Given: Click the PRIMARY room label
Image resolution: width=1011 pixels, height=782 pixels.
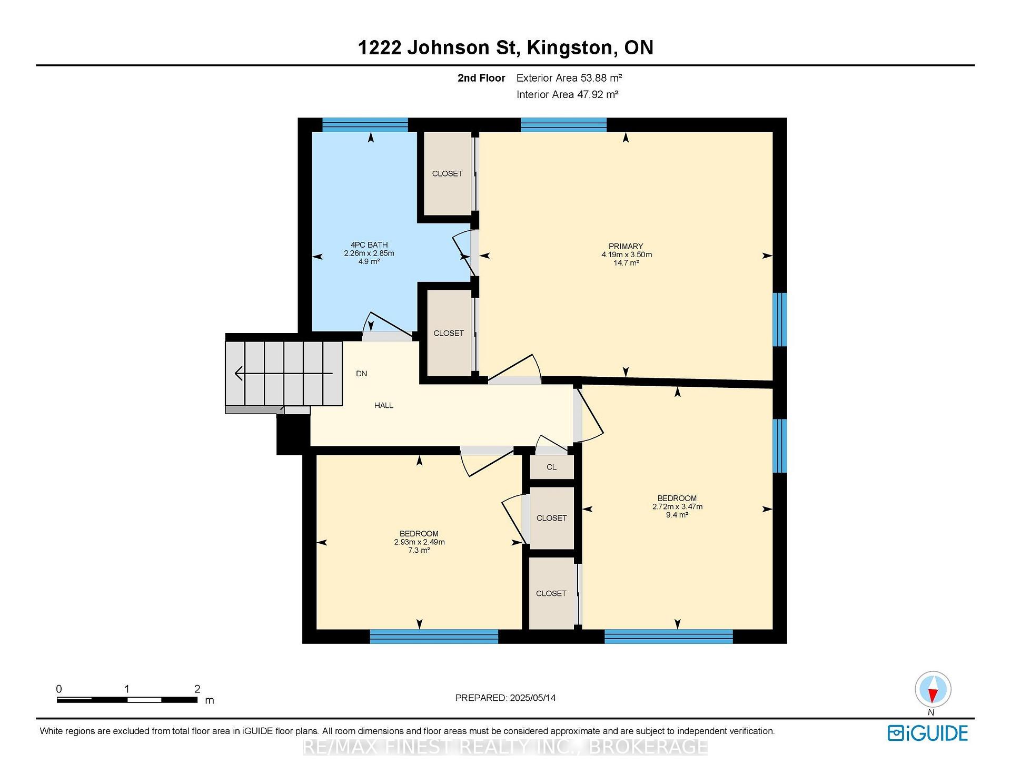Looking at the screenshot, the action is coord(626,246).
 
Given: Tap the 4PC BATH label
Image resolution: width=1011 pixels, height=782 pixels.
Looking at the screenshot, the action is coord(369,245).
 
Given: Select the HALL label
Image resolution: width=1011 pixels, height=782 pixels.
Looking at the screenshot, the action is coord(384,405).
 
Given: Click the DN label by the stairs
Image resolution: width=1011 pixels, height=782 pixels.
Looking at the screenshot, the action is coord(361,374).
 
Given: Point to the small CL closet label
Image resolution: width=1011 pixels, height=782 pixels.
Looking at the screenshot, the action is coord(551,467).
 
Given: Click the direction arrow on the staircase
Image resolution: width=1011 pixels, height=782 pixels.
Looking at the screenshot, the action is coord(284,374).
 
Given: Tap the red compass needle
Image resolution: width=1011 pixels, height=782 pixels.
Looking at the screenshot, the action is coord(933,696).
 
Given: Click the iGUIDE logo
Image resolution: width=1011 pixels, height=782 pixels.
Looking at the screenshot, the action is coord(928,733).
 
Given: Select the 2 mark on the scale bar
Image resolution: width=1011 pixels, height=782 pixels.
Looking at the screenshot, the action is coord(197,689).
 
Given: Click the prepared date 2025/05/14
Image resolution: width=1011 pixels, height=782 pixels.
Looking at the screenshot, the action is coord(532,698).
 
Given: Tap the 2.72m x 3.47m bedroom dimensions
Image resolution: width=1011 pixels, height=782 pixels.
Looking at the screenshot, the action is coord(677,506).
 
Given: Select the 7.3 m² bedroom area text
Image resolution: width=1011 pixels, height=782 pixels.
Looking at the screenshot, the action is coord(419,550).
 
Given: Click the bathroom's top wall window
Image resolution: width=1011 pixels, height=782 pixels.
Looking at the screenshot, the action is coord(365,124).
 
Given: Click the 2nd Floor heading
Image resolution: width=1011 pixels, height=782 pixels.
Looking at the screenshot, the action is coord(481,78).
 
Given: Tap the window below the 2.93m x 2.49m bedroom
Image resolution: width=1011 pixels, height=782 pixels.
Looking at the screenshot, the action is coord(434,636).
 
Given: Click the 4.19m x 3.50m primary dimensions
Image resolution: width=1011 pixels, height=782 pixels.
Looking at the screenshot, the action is coord(627,255).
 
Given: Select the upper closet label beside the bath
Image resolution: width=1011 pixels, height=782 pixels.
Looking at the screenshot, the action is coord(447,173).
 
